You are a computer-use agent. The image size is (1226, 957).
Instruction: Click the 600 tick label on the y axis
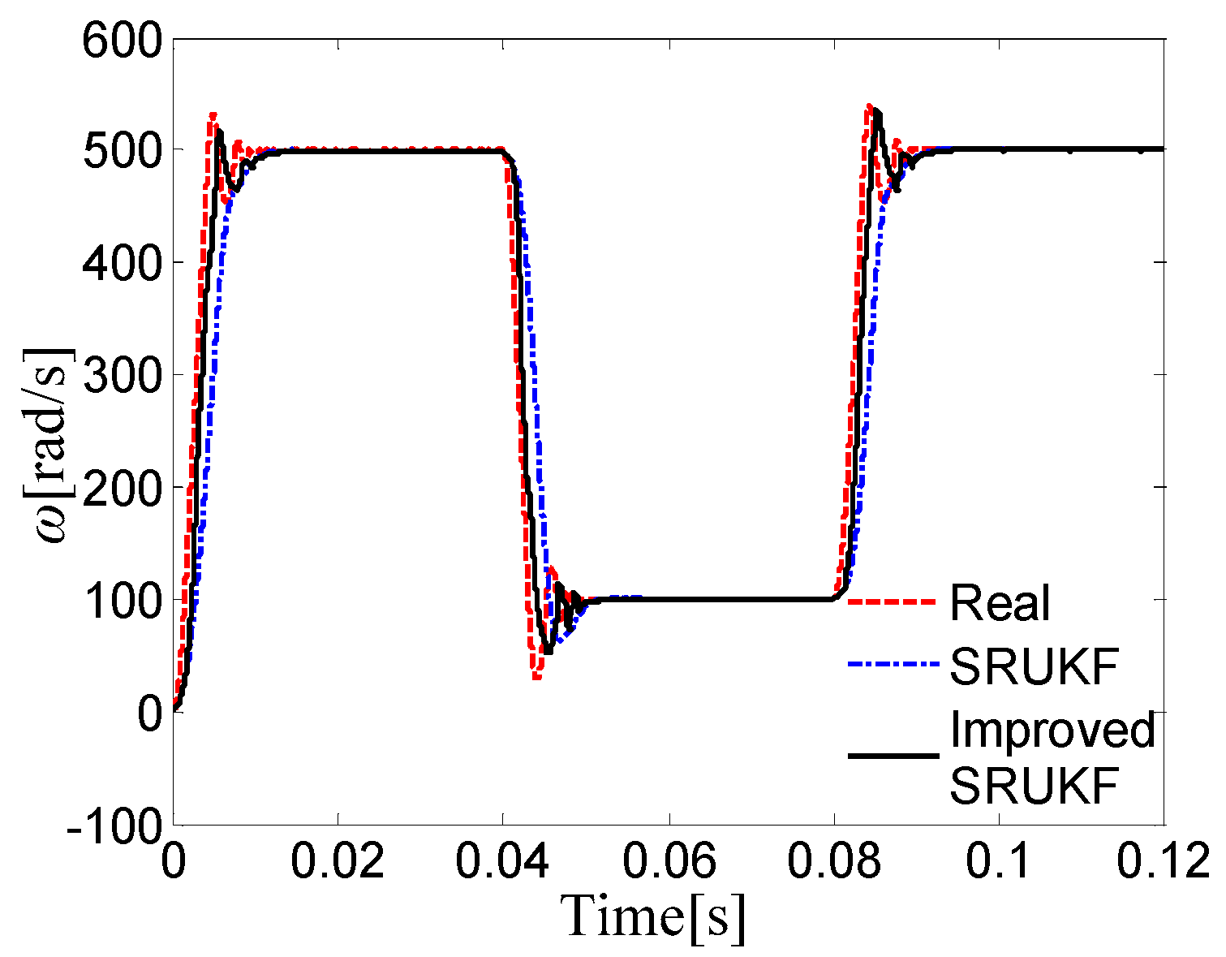[121, 40]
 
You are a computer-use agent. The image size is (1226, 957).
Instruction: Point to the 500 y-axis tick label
[121, 151]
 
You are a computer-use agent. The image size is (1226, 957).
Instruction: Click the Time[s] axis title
[654, 916]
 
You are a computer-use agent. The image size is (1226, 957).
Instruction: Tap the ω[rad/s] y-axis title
[53, 446]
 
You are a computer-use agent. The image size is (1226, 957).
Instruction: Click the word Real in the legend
[1000, 602]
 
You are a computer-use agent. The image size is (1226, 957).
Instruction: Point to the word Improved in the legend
[1052, 731]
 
